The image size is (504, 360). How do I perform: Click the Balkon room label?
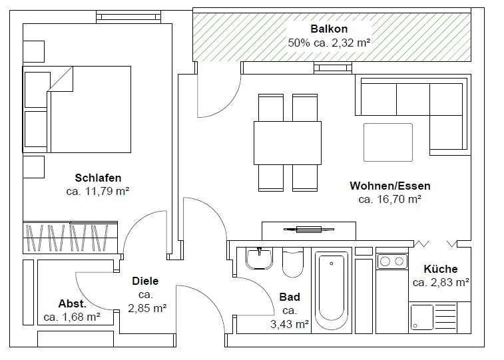tap(329, 29)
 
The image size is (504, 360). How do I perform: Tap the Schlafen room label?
tap(98, 178)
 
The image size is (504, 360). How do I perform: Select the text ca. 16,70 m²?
tap(389, 198)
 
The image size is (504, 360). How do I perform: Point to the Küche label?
tap(441, 269)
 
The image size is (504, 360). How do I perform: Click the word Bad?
tap(290, 297)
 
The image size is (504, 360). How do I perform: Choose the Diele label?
tap(145, 281)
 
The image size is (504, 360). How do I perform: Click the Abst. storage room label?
tap(72, 303)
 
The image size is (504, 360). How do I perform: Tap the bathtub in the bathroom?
tap(331, 291)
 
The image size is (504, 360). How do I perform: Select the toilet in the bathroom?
tap(292, 264)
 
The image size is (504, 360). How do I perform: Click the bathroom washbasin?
tap(259, 257)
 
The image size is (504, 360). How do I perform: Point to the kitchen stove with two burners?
tap(392, 261)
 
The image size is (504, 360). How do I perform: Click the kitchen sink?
tap(423, 317)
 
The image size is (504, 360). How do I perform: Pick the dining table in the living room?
tap(288, 142)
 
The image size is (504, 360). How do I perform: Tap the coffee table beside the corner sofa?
tap(387, 142)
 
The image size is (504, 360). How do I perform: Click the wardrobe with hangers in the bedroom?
tap(71, 237)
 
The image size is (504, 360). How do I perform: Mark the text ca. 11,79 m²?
tap(98, 191)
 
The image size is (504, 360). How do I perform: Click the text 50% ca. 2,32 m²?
tap(329, 43)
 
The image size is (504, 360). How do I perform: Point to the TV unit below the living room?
tap(309, 230)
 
